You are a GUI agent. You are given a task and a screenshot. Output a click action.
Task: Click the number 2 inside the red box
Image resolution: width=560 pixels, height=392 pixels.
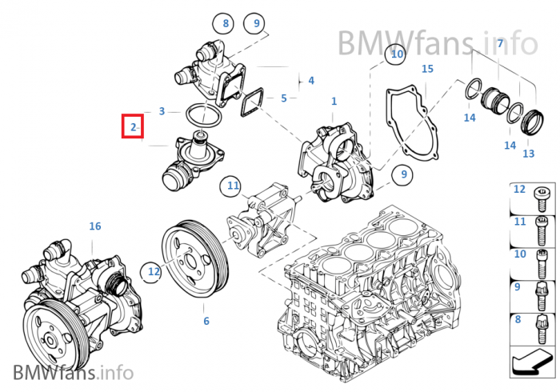(133, 127)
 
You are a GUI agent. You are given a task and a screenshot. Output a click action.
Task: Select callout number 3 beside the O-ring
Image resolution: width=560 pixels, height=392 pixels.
(162, 111)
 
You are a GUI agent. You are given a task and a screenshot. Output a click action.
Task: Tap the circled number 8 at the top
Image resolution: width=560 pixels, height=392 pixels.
(226, 24)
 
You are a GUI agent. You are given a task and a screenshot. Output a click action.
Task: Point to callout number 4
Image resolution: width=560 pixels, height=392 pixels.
(310, 80)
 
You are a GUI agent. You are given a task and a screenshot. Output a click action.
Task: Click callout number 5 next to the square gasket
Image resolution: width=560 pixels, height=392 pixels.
(284, 98)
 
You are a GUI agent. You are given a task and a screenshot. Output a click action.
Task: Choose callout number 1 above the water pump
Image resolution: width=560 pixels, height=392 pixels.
(334, 102)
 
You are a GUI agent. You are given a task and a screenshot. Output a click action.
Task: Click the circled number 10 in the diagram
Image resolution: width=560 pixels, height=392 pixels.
(396, 55)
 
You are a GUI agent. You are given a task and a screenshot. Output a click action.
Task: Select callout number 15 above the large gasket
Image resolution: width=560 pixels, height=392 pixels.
(427, 70)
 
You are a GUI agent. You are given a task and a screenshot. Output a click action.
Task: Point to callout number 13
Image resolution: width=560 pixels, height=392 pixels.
(529, 153)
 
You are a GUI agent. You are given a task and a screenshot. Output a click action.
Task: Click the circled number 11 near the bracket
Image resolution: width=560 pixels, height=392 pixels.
(233, 187)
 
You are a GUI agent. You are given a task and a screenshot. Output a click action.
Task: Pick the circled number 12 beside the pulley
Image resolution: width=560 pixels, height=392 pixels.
(154, 272)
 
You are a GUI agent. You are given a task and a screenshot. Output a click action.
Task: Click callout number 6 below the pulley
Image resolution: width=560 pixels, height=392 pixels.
(206, 321)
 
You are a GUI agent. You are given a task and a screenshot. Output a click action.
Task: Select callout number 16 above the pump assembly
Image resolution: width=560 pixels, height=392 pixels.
(95, 226)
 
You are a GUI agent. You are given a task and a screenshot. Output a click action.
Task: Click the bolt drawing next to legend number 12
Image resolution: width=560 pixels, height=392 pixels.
(540, 194)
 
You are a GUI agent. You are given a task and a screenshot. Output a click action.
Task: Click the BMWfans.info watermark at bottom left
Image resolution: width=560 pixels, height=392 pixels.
(73, 372)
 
